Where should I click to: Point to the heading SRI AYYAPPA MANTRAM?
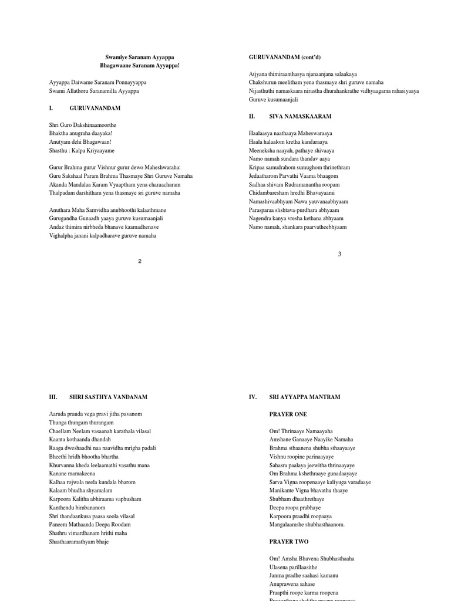tap(305, 397)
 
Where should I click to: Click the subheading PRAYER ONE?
tap(288, 414)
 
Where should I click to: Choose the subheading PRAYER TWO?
tap(289, 542)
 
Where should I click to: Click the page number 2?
tap(140, 261)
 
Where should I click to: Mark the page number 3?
tap(339, 254)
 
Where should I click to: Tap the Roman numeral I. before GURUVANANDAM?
tap(51, 109)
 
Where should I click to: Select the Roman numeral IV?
tap(253, 397)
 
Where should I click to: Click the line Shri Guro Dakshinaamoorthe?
tap(83, 125)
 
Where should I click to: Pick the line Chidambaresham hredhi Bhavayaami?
tap(291, 193)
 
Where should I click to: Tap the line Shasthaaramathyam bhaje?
tap(79, 542)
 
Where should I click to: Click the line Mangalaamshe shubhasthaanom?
tap(307, 525)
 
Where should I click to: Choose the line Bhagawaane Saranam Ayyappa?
tap(140, 66)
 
